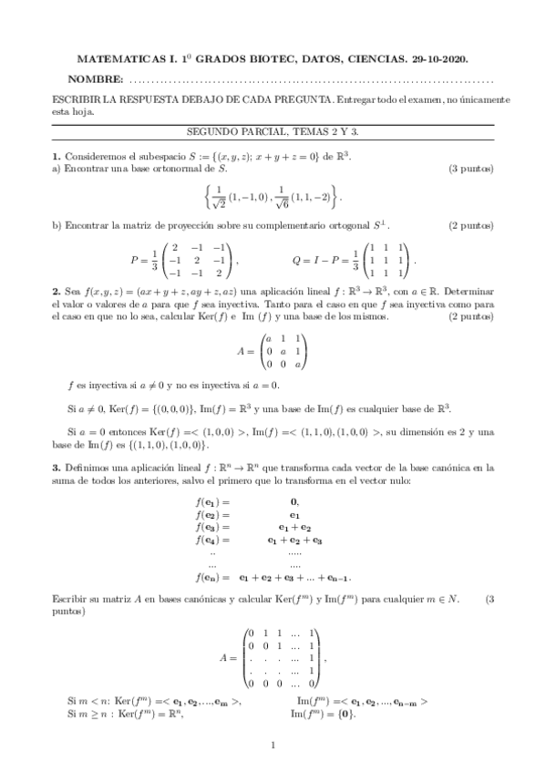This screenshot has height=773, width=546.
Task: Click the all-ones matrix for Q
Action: [387, 260]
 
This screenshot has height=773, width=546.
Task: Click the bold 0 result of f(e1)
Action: [294, 501]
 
